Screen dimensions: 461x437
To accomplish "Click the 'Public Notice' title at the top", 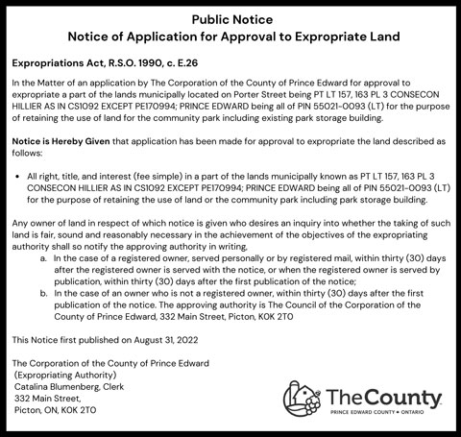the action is pyautogui.click(x=230, y=18).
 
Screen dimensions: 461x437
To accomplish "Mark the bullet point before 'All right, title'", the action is pyautogui.click(x=19, y=177).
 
